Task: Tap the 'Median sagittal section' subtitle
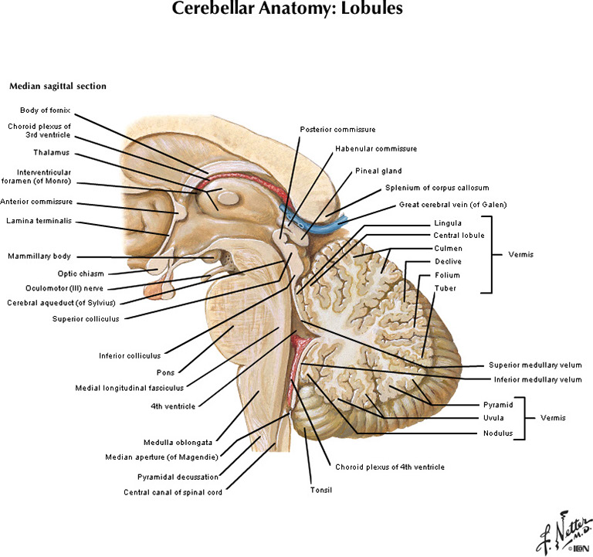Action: pyautogui.click(x=57, y=86)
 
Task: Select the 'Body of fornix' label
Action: pyautogui.click(x=46, y=110)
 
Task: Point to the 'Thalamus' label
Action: pyautogui.click(x=52, y=152)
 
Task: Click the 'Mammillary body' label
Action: pyautogui.click(x=39, y=256)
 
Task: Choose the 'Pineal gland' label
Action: pyautogui.click(x=378, y=171)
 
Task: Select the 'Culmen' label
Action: pyautogui.click(x=448, y=248)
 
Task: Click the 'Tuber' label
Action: pyautogui.click(x=446, y=287)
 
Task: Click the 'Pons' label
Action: pyautogui.click(x=164, y=372)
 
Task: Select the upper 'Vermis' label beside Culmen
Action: pyautogui.click(x=524, y=254)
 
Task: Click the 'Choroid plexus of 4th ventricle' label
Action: pyautogui.click(x=389, y=467)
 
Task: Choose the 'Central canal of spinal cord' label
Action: pyautogui.click(x=173, y=491)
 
